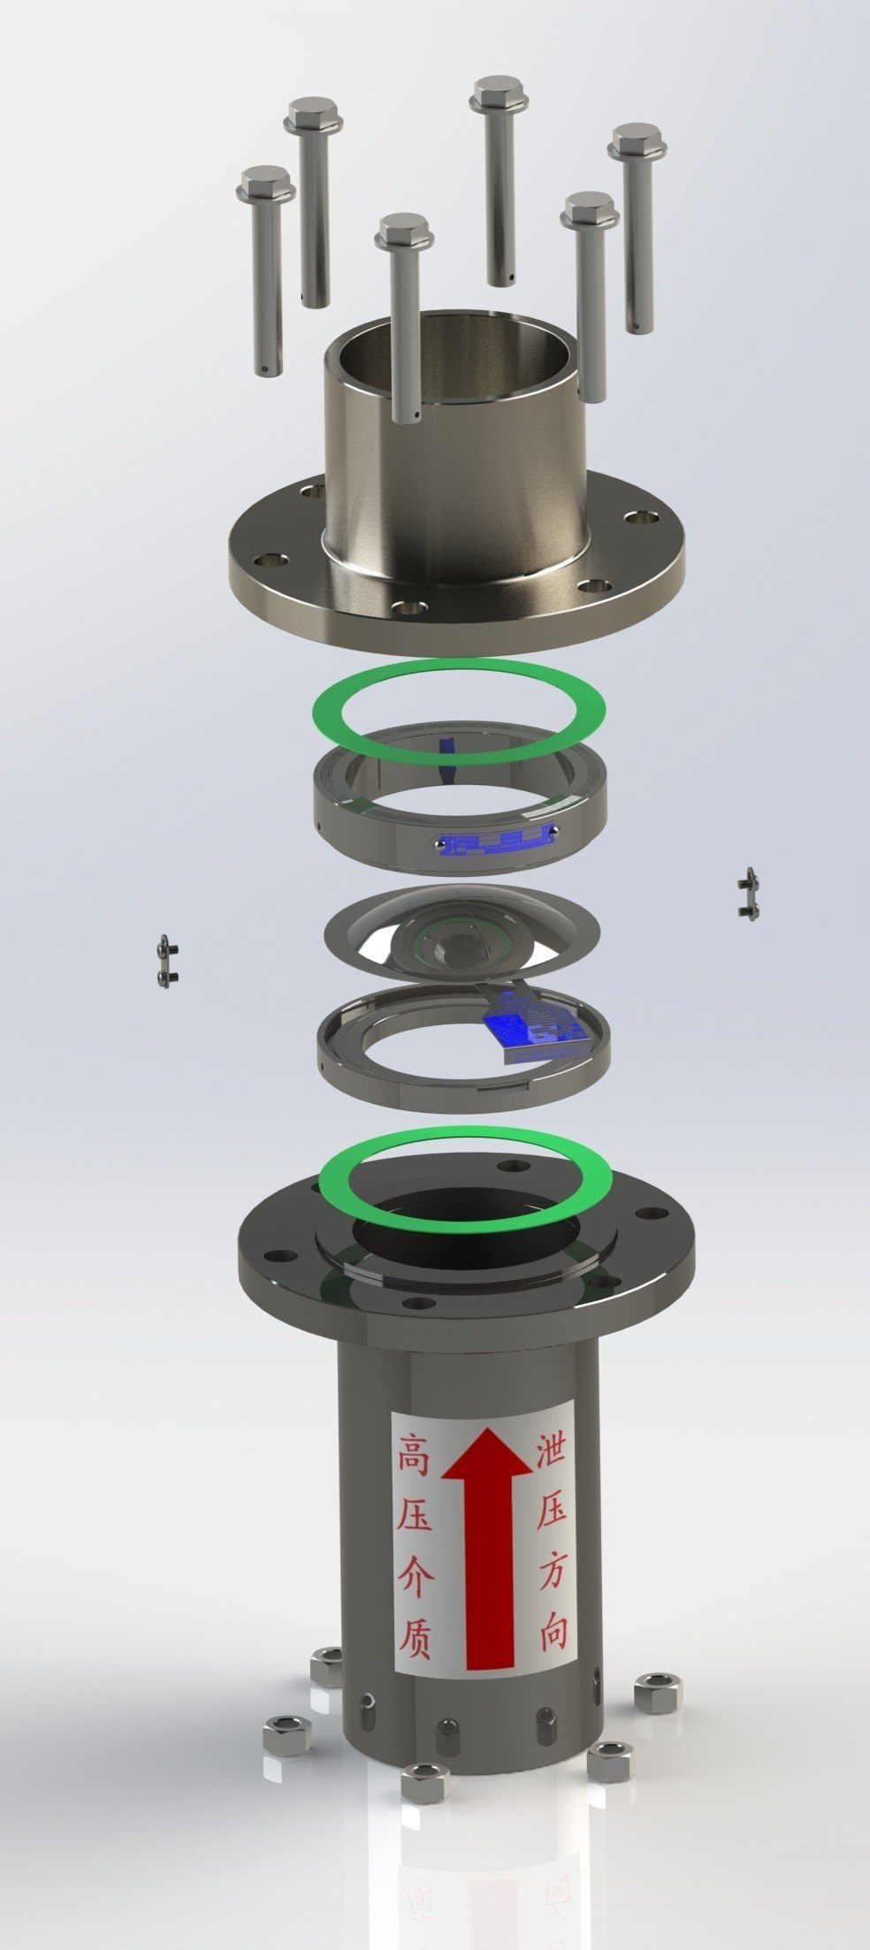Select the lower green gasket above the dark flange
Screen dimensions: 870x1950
(464, 1142)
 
